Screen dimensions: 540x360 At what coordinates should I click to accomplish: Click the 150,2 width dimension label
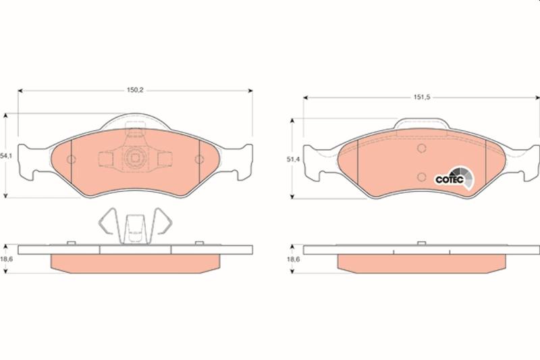135,91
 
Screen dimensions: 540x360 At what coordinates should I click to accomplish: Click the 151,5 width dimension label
422,97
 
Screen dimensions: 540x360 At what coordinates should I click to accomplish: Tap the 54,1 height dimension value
6,156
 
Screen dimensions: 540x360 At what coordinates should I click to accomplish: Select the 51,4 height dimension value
294,159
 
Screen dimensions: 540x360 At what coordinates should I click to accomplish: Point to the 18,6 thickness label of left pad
6,259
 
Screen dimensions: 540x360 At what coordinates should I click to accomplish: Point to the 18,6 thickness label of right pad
294,259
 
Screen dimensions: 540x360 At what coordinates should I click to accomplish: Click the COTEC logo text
450,180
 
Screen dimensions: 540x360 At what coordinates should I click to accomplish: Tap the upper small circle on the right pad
421,149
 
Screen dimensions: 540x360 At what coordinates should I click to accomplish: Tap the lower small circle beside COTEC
421,177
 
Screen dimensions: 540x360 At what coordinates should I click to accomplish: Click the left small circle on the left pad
72,159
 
